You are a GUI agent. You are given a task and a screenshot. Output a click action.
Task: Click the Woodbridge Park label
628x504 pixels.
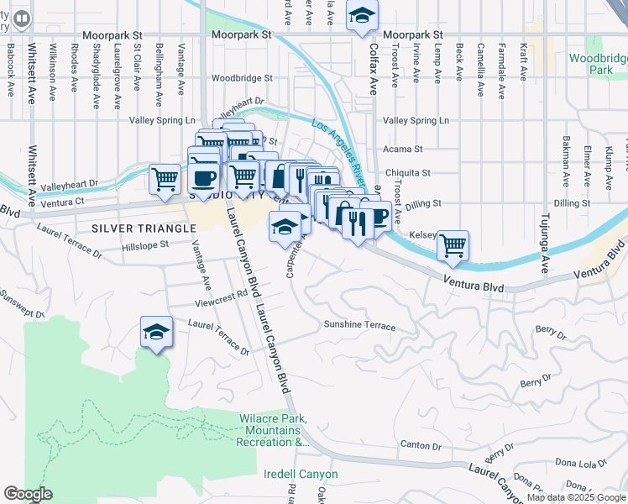pos(598,64)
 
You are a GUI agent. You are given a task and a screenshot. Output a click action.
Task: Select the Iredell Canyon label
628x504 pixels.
pos(301,474)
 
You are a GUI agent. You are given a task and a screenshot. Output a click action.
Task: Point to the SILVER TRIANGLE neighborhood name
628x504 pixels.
pos(128,228)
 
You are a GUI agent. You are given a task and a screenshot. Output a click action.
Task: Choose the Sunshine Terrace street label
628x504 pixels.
pos(358,324)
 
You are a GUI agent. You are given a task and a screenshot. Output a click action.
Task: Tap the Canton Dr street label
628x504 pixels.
pos(421,445)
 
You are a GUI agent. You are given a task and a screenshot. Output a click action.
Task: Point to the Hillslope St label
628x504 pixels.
pos(146,245)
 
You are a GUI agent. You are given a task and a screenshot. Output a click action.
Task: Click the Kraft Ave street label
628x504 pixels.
pos(523,62)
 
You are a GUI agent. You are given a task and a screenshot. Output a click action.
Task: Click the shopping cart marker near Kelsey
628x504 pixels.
pos(453,245)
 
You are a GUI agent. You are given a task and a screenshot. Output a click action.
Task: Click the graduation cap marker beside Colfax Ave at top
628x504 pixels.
pos(363,15)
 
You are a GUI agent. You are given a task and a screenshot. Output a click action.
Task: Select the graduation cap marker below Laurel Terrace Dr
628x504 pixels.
pos(156,332)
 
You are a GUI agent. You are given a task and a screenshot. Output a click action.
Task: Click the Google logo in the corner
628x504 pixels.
pos(28,495)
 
